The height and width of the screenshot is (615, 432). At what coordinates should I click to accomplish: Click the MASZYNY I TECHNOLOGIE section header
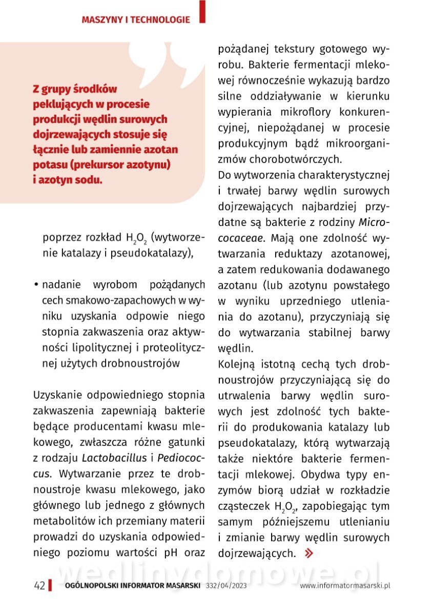(136, 20)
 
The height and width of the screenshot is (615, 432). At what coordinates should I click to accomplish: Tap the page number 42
(39, 586)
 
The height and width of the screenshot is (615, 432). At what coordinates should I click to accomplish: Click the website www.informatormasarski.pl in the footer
(345, 586)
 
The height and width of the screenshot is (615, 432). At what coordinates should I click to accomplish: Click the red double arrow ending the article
(308, 553)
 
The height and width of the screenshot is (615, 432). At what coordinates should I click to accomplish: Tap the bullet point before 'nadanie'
(37, 285)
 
